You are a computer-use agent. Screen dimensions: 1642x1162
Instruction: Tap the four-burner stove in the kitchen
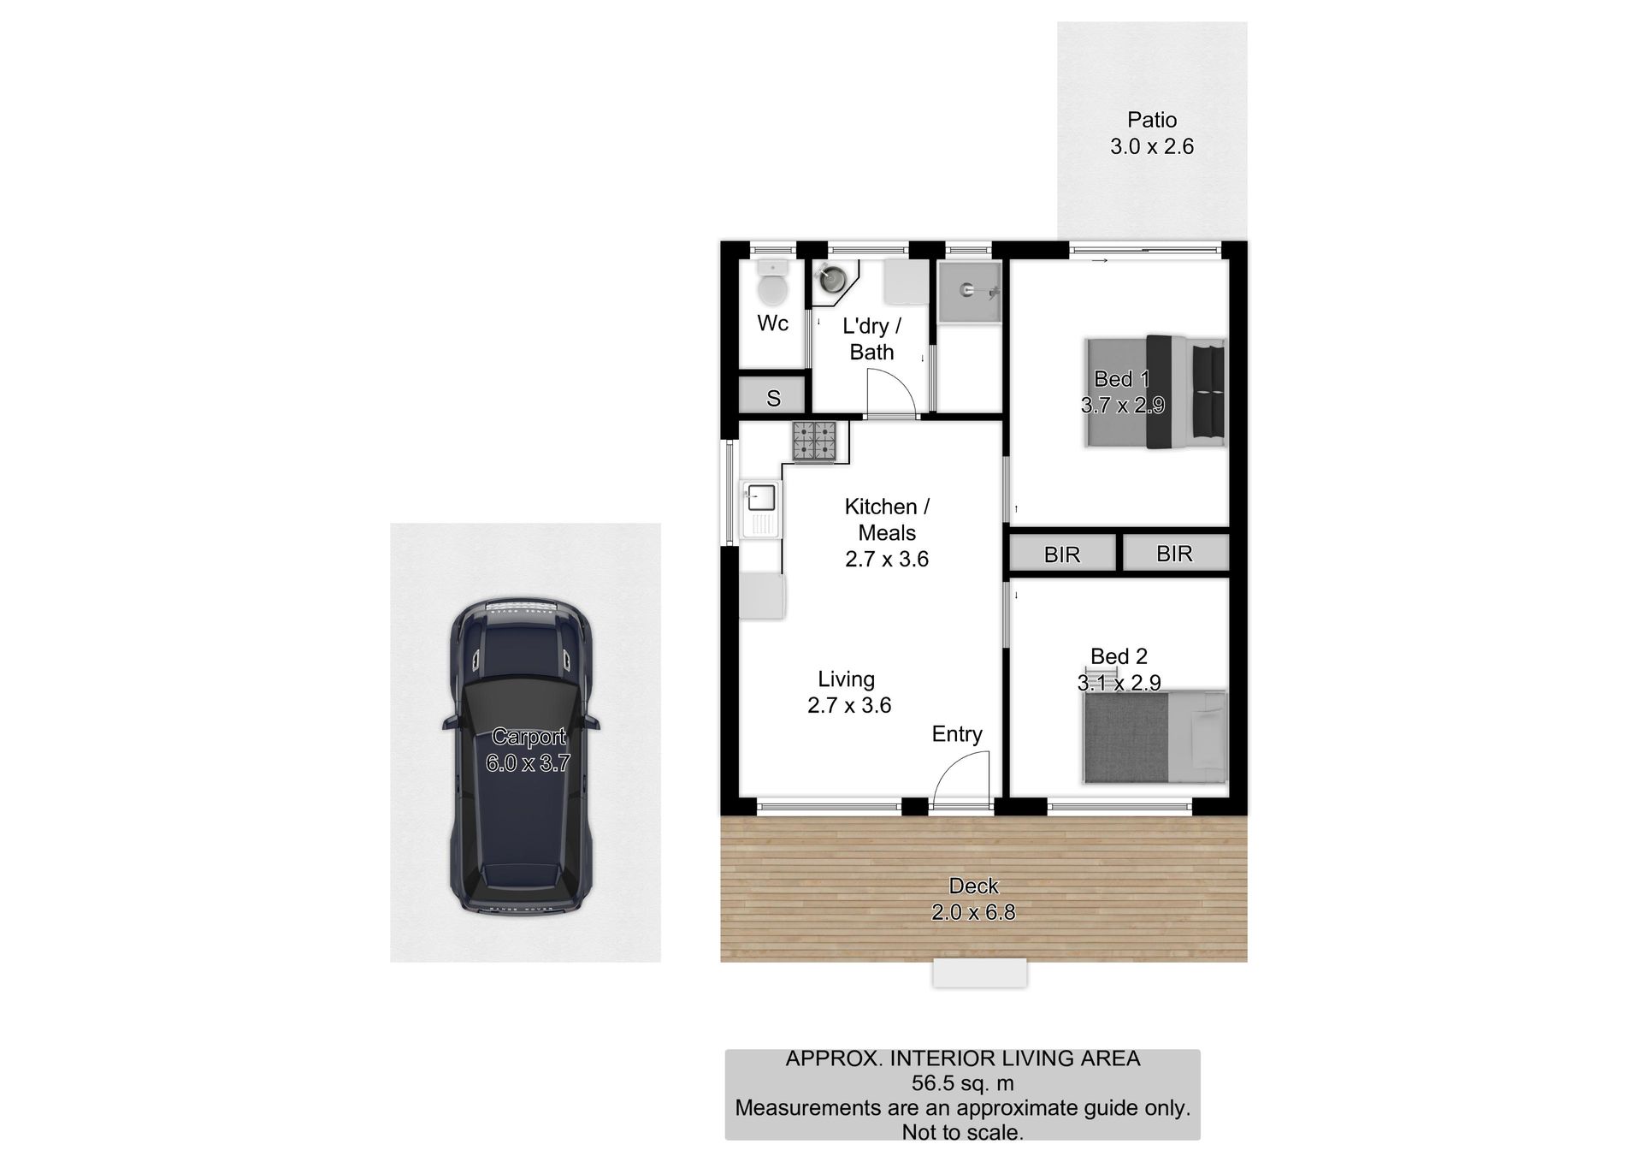click(x=814, y=442)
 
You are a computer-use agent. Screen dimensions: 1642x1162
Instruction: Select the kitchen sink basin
click(x=761, y=497)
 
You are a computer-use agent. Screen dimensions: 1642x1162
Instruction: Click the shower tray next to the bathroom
click(x=969, y=293)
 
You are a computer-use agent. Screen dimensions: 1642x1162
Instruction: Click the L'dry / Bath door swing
click(x=892, y=391)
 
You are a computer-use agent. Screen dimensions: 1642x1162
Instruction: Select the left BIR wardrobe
click(x=1063, y=554)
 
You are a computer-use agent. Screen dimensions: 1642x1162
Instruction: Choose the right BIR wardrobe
click(x=1175, y=553)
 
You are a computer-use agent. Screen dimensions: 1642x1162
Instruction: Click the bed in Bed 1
click(x=1155, y=391)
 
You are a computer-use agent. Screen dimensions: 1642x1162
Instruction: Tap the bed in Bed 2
click(x=1154, y=737)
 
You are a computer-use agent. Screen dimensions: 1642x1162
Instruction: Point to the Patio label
click(x=1152, y=120)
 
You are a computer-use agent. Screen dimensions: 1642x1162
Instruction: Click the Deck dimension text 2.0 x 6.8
click(x=973, y=912)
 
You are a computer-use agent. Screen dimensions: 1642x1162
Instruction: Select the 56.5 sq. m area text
click(x=962, y=1083)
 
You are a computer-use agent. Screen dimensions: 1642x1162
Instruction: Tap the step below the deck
click(x=979, y=973)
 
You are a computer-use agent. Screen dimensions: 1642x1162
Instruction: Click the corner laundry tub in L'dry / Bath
click(x=831, y=280)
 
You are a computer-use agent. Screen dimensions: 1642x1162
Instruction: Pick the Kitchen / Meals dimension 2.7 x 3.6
click(x=887, y=559)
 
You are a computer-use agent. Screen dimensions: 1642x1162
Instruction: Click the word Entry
click(x=957, y=734)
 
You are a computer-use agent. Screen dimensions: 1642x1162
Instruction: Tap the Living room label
click(x=846, y=679)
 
